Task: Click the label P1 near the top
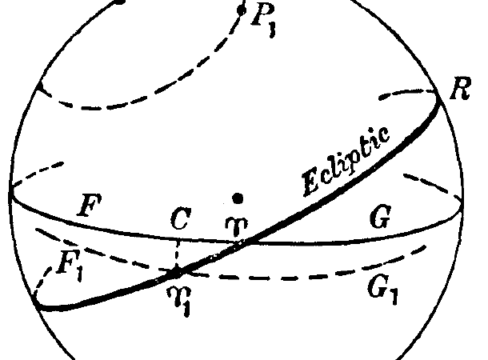pyautogui.click(x=264, y=20)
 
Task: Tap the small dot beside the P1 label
pyautogui.click(x=242, y=10)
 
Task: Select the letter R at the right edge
pyautogui.click(x=461, y=89)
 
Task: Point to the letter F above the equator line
pyautogui.click(x=90, y=205)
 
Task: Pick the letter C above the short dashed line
pyautogui.click(x=181, y=218)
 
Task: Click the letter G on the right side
pyautogui.click(x=380, y=217)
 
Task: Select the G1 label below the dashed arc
pyautogui.click(x=382, y=290)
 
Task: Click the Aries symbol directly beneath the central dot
pyautogui.click(x=237, y=226)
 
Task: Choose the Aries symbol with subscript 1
pyautogui.click(x=179, y=300)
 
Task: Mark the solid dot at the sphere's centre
pyautogui.click(x=238, y=198)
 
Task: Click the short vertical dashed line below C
pyautogui.click(x=177, y=254)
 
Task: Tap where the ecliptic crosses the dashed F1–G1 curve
pyautogui.click(x=177, y=273)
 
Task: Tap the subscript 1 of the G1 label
pyautogui.click(x=393, y=296)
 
